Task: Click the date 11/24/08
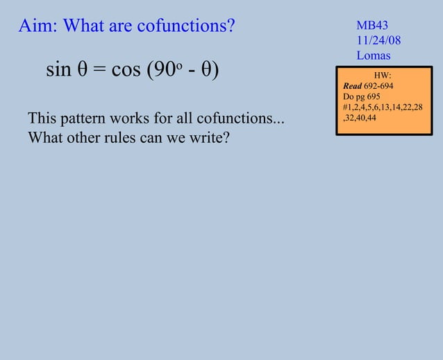click(378, 40)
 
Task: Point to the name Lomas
click(374, 55)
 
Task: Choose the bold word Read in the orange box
click(352, 86)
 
